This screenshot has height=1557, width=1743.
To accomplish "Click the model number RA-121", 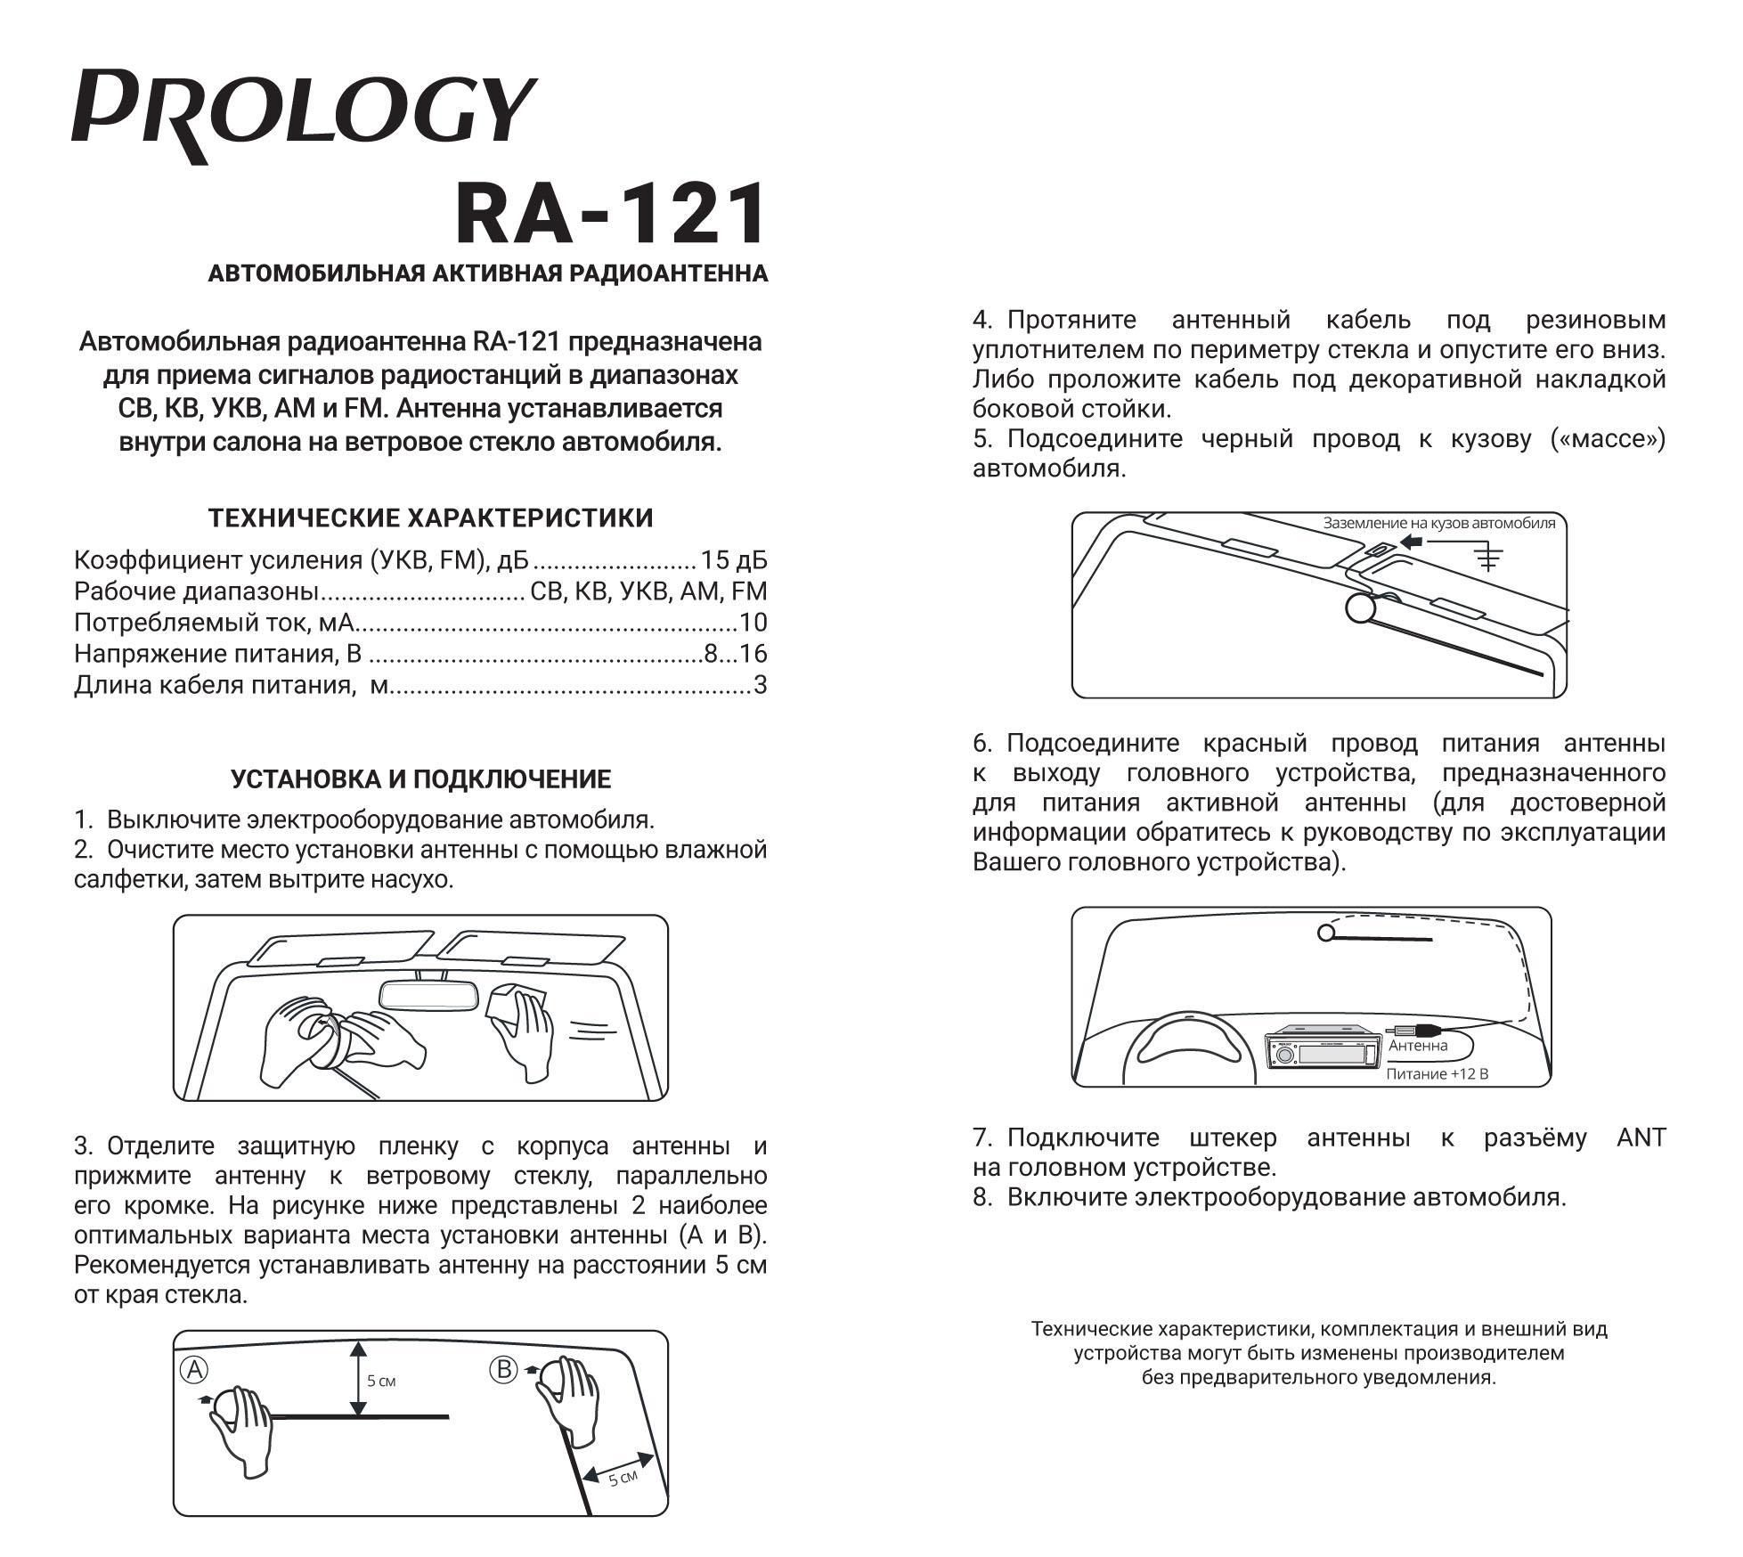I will tap(610, 214).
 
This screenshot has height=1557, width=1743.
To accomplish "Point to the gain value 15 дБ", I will tap(733, 560).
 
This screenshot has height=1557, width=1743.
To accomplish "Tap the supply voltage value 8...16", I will tap(735, 654).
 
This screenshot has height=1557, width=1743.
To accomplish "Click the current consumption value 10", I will tap(753, 623).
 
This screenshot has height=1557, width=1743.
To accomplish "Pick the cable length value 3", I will tap(760, 685).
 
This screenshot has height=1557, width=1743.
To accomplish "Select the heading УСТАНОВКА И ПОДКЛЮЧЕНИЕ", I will tap(420, 779).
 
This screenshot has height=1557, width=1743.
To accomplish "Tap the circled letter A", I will tap(195, 1370).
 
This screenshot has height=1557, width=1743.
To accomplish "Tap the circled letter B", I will tap(504, 1369).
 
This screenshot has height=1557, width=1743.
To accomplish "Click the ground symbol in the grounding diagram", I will tap(1487, 558).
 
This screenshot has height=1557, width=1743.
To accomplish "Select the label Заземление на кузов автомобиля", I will tap(1438, 523).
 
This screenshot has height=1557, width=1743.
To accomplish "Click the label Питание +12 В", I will tap(1437, 1074).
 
